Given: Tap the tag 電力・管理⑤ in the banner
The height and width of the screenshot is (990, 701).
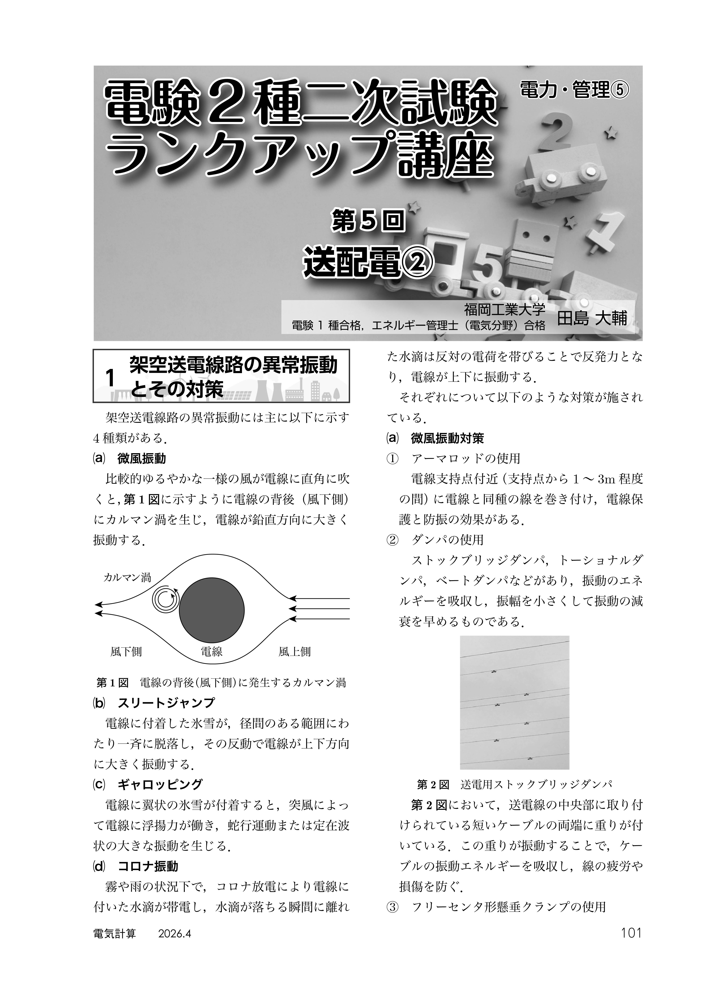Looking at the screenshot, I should (574, 90).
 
